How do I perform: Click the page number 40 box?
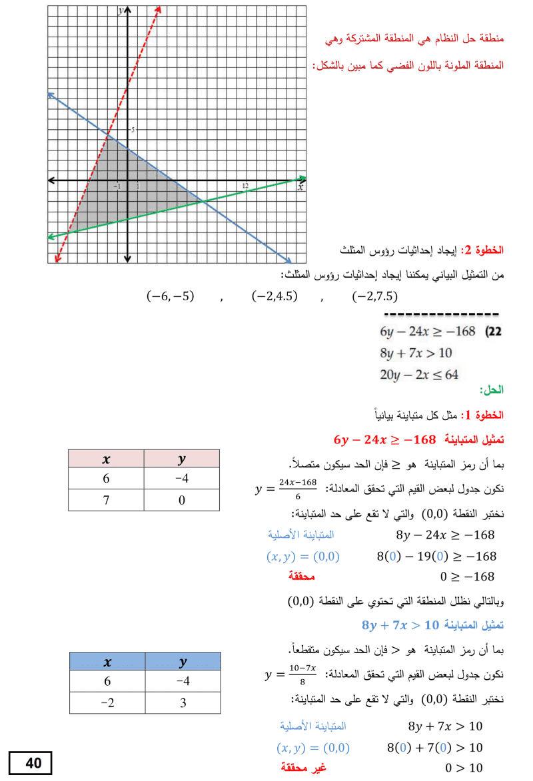coord(30,763)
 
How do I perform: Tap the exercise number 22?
coord(496,331)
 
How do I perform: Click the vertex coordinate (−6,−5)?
coord(169,297)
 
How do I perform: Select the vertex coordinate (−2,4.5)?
coord(274,297)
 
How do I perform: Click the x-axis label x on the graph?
coord(300,188)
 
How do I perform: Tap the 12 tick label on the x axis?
coord(245,186)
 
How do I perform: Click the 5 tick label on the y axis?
coord(132,130)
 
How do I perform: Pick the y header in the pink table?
coord(182,459)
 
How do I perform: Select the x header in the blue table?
coord(107,662)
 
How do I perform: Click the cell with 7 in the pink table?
coord(107,500)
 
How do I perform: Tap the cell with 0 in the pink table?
coord(182,500)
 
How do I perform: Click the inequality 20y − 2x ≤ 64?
coord(419,375)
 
